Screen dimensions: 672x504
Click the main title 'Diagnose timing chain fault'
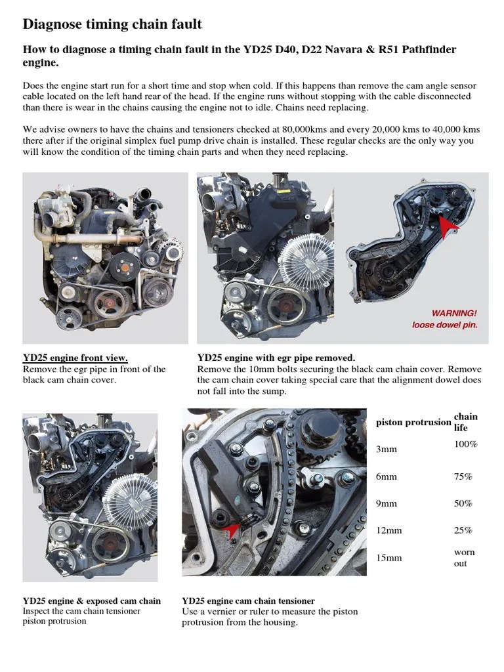click(112, 24)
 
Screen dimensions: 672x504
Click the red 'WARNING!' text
click(453, 312)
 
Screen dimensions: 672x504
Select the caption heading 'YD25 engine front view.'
click(75, 358)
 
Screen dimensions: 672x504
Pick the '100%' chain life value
click(465, 444)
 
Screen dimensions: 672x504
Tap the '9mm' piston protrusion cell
click(387, 503)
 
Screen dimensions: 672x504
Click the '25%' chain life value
click(463, 530)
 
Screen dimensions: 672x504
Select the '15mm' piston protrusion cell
click(389, 558)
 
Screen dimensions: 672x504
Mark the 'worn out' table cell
click(464, 558)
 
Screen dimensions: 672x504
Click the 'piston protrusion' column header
click(413, 423)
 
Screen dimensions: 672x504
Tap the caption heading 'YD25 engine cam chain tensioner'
click(248, 600)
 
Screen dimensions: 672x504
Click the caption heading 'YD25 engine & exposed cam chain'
click(91, 600)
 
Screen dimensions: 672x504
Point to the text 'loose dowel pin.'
click(445, 324)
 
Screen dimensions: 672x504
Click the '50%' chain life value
click(463, 503)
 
